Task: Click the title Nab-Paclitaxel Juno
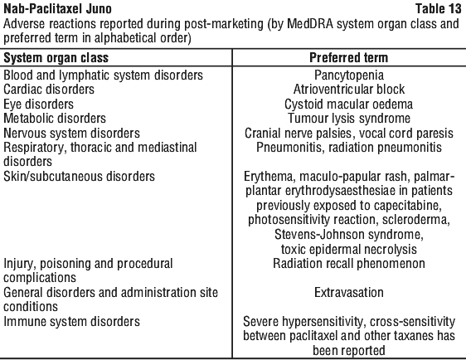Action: click(57, 9)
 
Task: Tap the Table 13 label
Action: click(438, 8)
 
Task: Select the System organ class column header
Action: click(56, 58)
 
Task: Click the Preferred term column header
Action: click(348, 58)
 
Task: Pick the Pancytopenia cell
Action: click(349, 75)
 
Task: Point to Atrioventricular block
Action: click(349, 90)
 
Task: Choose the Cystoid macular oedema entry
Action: click(348, 105)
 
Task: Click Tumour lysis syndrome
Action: click(349, 119)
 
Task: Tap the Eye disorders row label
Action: click(38, 105)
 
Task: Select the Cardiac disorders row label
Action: click(49, 90)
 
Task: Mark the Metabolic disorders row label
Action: click(55, 119)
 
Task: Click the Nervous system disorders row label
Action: click(71, 134)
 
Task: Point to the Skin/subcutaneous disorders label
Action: click(79, 177)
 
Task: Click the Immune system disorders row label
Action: click(71, 322)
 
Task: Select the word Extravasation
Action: click(349, 293)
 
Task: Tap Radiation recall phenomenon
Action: click(349, 264)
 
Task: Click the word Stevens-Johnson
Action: click(319, 235)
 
